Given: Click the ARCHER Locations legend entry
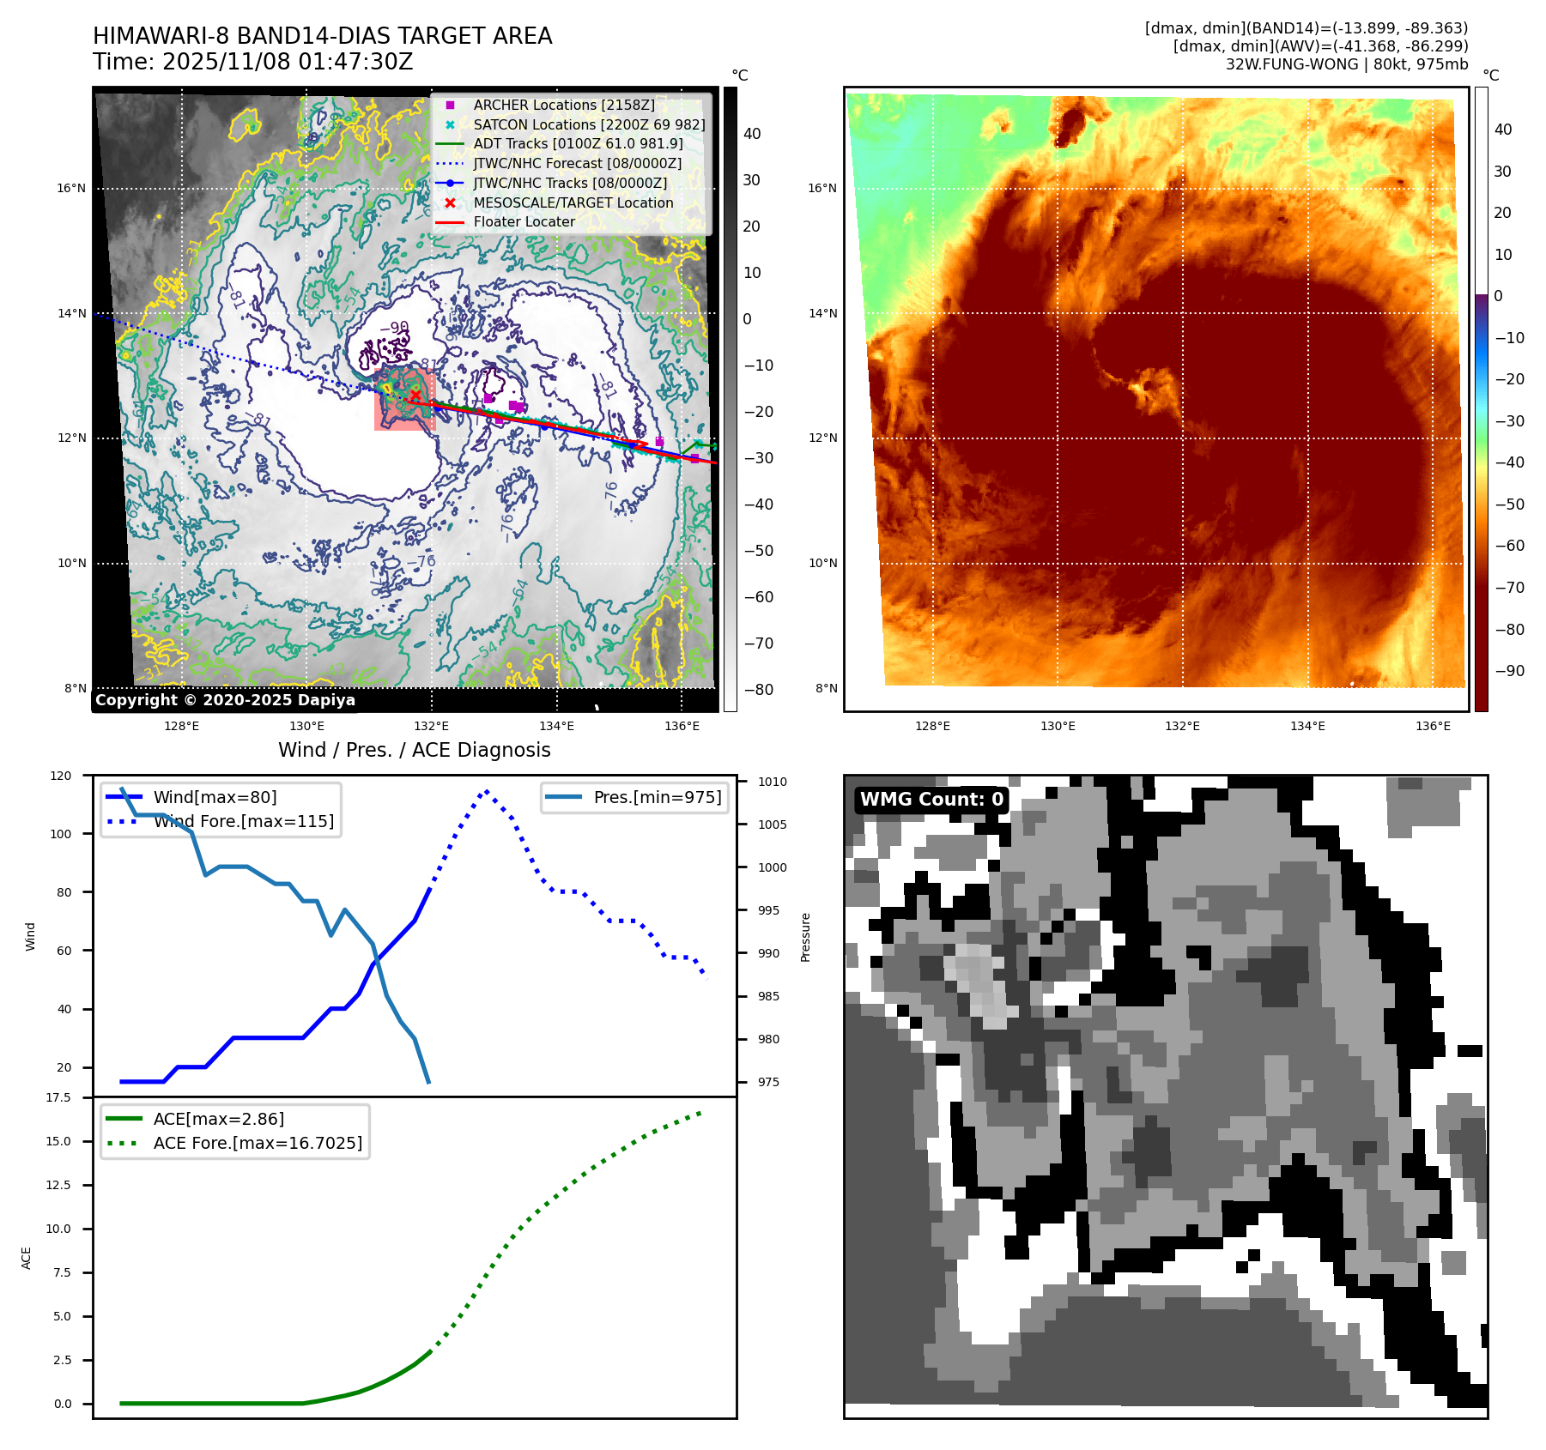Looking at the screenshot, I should click(x=563, y=105).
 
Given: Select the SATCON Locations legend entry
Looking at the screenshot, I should click(x=589, y=124).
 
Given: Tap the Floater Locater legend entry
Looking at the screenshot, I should click(x=524, y=221).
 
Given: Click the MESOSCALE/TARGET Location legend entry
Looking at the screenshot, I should click(x=573, y=202).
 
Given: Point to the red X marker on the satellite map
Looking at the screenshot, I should click(x=415, y=395).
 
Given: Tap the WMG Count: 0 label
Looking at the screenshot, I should click(x=931, y=800).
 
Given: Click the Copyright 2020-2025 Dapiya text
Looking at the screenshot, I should click(x=225, y=700).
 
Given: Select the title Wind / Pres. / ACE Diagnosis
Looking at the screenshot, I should click(x=414, y=750).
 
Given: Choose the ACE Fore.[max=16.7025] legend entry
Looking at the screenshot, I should click(x=258, y=1143).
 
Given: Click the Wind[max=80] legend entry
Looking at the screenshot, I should click(x=215, y=797).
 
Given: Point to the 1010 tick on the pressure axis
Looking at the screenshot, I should click(x=772, y=782).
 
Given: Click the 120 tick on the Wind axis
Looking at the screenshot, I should click(x=61, y=776).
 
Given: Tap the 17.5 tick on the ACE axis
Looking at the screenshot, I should click(x=58, y=1097).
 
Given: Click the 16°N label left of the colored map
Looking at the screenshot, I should click(x=822, y=188).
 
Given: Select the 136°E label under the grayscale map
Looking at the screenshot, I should click(x=682, y=726).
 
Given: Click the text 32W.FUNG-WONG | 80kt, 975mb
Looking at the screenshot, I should click(x=1346, y=64).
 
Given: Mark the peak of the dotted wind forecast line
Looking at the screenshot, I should click(x=487, y=791).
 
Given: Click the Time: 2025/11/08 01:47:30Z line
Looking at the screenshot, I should click(x=252, y=62).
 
